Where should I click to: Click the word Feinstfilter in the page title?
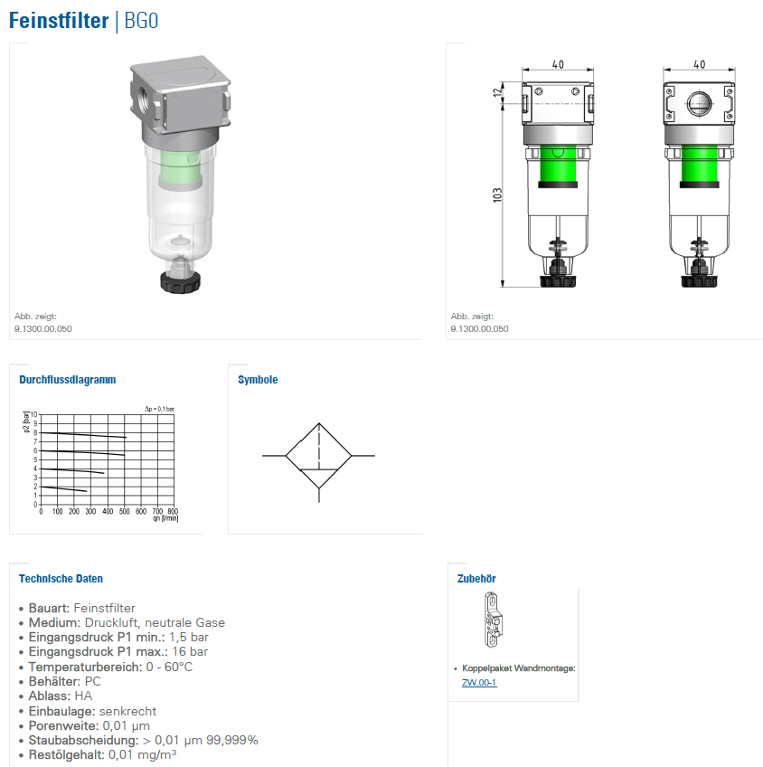point(59,21)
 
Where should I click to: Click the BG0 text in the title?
point(141,21)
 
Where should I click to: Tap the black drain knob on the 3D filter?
point(181,282)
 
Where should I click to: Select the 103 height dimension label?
point(497,194)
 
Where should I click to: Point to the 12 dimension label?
point(497,91)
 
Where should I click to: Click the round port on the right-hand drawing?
point(699,103)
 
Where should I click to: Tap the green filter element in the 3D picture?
point(181,169)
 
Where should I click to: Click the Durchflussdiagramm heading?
point(68,380)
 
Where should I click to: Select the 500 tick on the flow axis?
point(124,511)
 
